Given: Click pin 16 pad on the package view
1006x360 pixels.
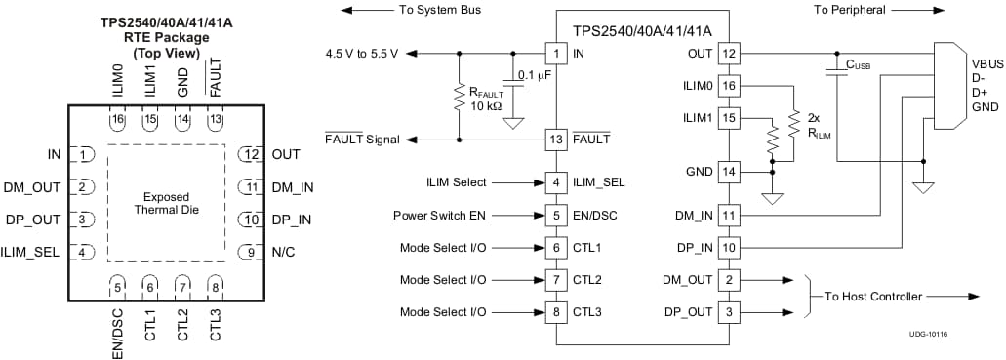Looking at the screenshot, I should point(117,119).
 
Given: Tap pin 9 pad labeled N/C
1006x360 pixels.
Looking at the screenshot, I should point(251,253).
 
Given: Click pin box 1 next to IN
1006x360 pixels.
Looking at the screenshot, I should point(555,53).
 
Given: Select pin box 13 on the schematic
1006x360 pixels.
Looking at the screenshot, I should point(555,140).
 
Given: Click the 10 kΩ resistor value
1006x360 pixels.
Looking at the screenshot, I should point(485,105).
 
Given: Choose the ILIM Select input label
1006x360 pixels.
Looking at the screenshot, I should point(456,181).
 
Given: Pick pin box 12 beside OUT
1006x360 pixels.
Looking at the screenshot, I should point(729,53).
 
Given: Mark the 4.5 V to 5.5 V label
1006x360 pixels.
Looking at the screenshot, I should point(361,53).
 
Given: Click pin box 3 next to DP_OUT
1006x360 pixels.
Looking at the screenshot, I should point(729,312).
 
